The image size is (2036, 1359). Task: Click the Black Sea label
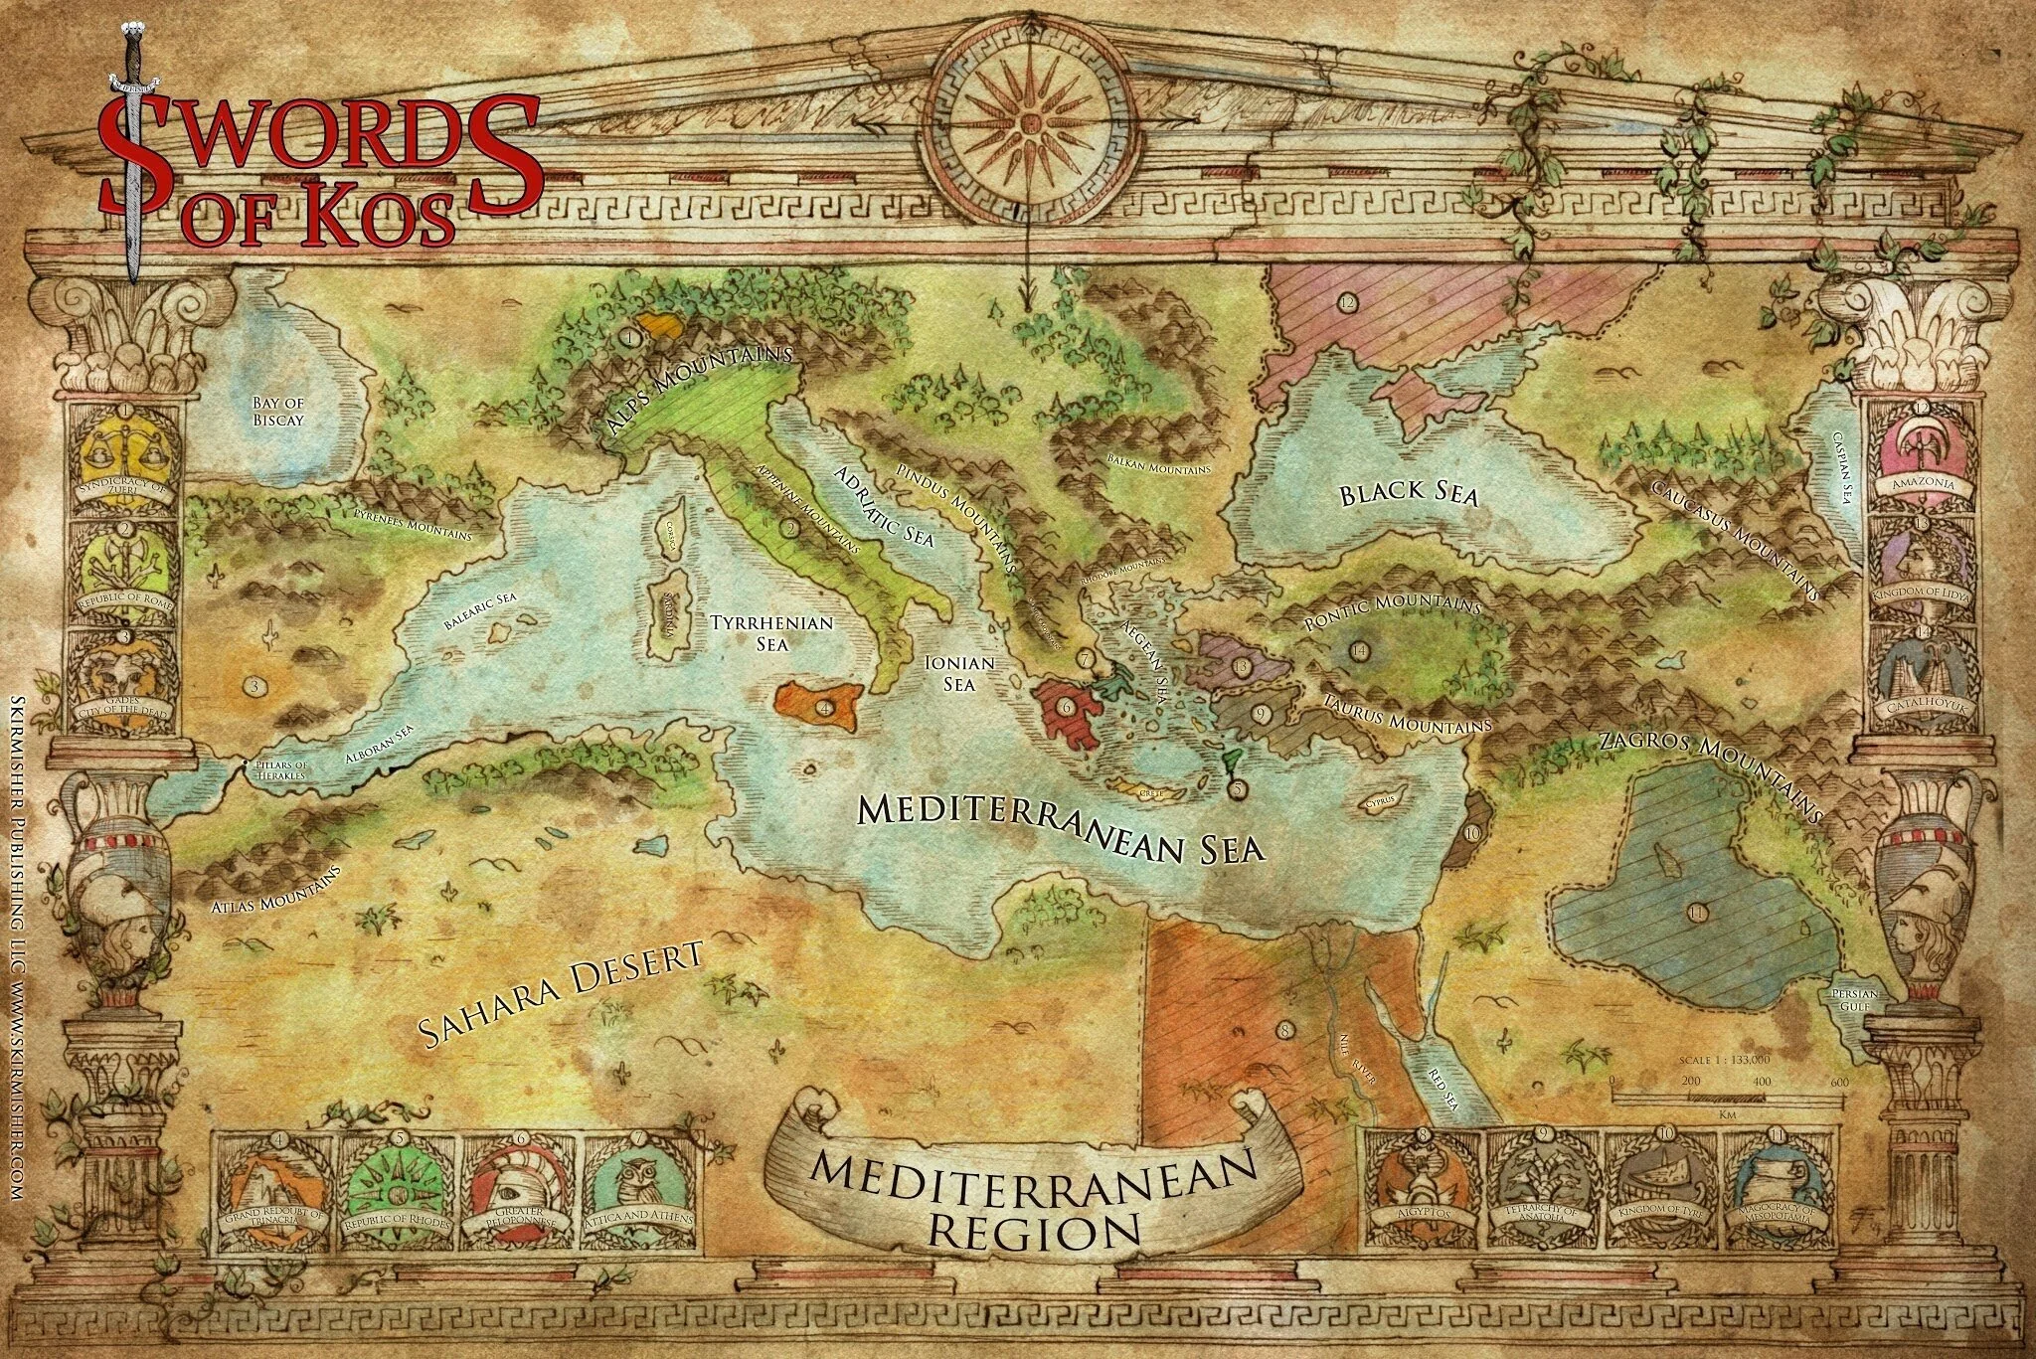coord(1409,494)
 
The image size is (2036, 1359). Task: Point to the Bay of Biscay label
coord(277,411)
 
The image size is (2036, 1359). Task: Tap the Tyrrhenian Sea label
coord(770,632)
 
